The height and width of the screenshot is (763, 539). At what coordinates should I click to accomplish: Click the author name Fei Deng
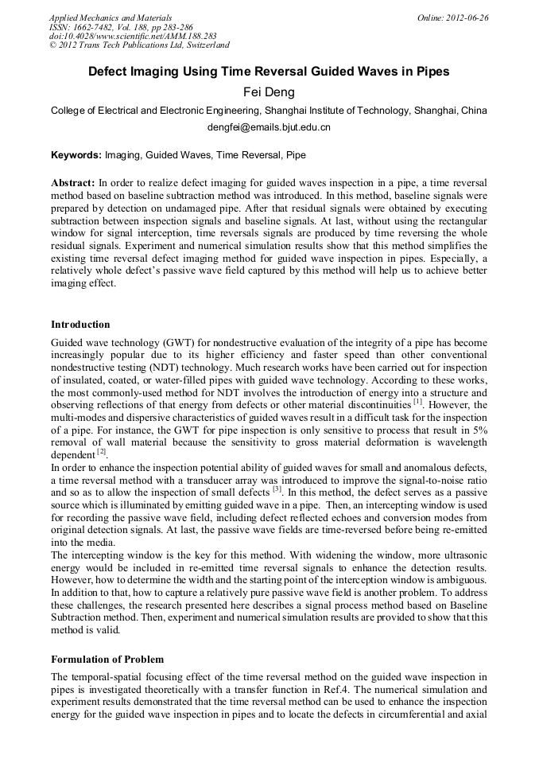coord(269,91)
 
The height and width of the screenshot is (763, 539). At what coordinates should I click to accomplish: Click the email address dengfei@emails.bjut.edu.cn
coord(269,127)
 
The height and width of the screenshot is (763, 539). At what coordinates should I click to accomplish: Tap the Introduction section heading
coord(80,324)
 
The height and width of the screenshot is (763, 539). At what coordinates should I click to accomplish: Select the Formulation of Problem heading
coord(107,659)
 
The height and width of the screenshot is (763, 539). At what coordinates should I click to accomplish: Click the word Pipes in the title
coord(430,71)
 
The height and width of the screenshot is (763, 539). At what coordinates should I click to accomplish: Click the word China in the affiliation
coord(473,111)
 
